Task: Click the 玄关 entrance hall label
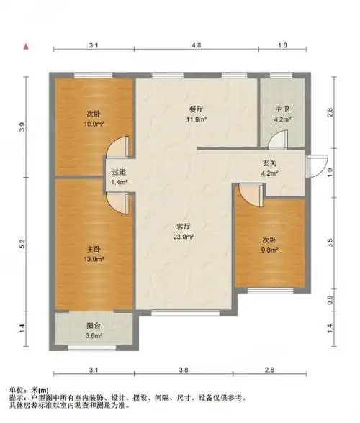[x=269, y=164]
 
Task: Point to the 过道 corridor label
[x=119, y=173]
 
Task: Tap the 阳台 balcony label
[x=91, y=326]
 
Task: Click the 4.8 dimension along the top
[x=196, y=45]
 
